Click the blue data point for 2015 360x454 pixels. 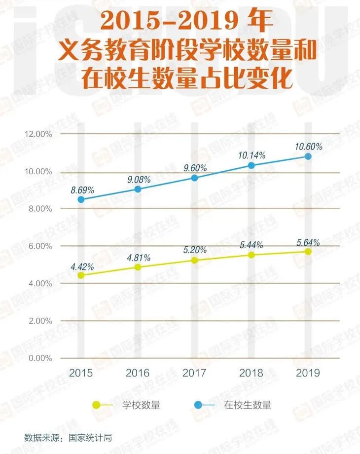[81, 200]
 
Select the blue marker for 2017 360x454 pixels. [194, 178]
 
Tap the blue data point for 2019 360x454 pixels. [308, 156]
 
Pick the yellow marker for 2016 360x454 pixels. [138, 267]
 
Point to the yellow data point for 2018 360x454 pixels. [251, 255]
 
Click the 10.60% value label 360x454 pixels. [308, 147]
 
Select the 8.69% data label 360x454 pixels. [82, 189]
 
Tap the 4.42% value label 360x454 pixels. [82, 266]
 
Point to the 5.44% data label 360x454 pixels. [251, 245]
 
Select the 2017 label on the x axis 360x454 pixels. [194, 373]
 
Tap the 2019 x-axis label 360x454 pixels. [308, 373]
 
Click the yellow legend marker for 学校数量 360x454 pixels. [97, 405]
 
